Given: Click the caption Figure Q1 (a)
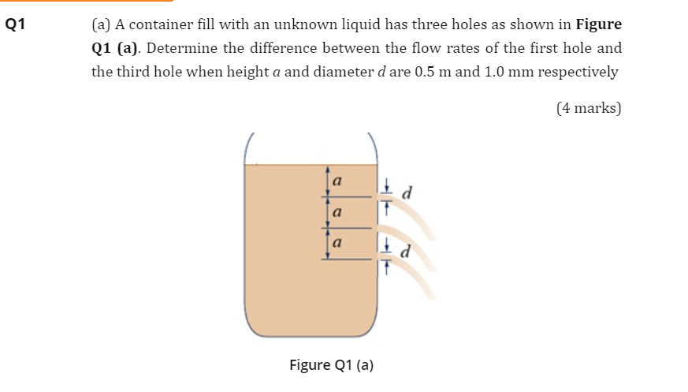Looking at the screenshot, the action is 331,365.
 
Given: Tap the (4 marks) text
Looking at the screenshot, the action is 589,107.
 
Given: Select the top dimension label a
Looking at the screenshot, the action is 338,181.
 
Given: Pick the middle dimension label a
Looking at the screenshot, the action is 338,213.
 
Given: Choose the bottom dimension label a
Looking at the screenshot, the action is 338,244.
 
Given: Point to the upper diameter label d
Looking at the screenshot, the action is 407,192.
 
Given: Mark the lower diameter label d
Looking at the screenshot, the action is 407,253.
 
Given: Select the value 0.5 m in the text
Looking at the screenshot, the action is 431,72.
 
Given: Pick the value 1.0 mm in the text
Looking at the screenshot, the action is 501,72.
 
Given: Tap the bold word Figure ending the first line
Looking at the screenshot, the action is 600,24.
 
